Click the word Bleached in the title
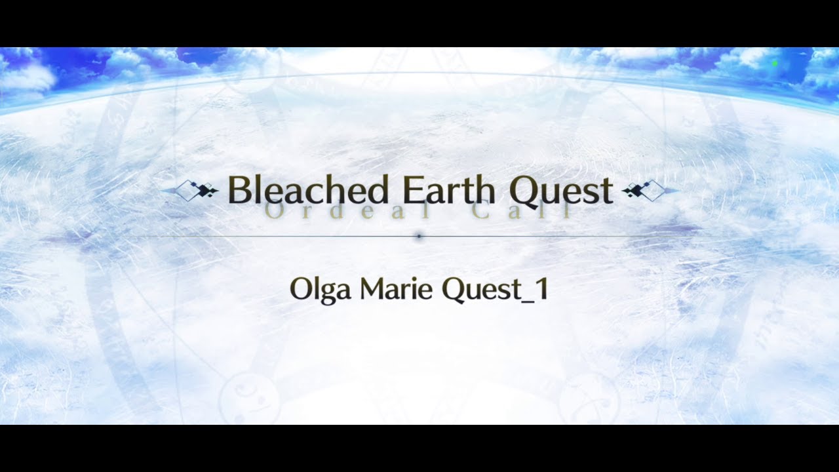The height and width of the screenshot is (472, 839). coord(307,190)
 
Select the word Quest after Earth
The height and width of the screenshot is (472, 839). coord(561,190)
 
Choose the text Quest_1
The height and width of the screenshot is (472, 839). coord(494,290)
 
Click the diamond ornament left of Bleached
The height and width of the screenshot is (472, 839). coord(195,191)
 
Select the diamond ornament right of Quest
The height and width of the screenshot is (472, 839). coord(645,191)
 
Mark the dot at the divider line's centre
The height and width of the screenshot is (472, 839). coord(419,236)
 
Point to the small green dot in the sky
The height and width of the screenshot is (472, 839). coord(775,64)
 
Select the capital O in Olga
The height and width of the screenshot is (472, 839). coord(300,289)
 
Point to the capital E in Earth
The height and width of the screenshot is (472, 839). coord(412,190)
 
